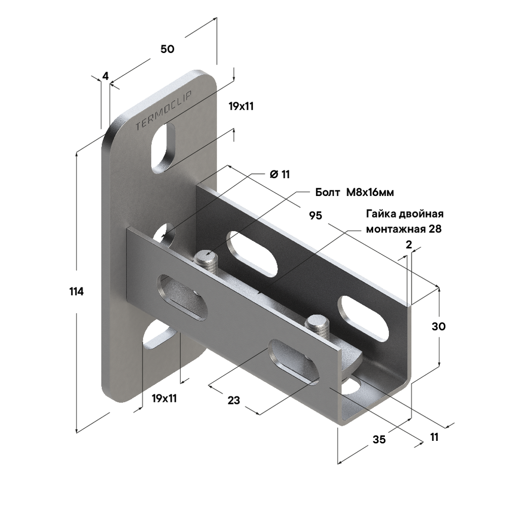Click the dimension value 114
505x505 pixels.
(x=77, y=291)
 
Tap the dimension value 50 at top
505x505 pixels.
(x=168, y=49)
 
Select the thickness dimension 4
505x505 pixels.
(x=106, y=76)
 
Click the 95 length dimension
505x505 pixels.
(x=316, y=215)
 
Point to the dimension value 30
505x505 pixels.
(x=439, y=326)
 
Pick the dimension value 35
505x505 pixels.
(x=379, y=439)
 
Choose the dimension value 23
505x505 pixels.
(x=234, y=400)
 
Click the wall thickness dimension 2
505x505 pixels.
(x=409, y=245)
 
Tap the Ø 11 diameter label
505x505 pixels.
(x=280, y=174)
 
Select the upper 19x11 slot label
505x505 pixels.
(x=241, y=106)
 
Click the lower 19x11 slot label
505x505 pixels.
(x=164, y=398)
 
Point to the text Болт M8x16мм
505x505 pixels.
(x=355, y=192)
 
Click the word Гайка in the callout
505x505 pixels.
(x=381, y=214)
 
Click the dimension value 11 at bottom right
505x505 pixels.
(x=434, y=437)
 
